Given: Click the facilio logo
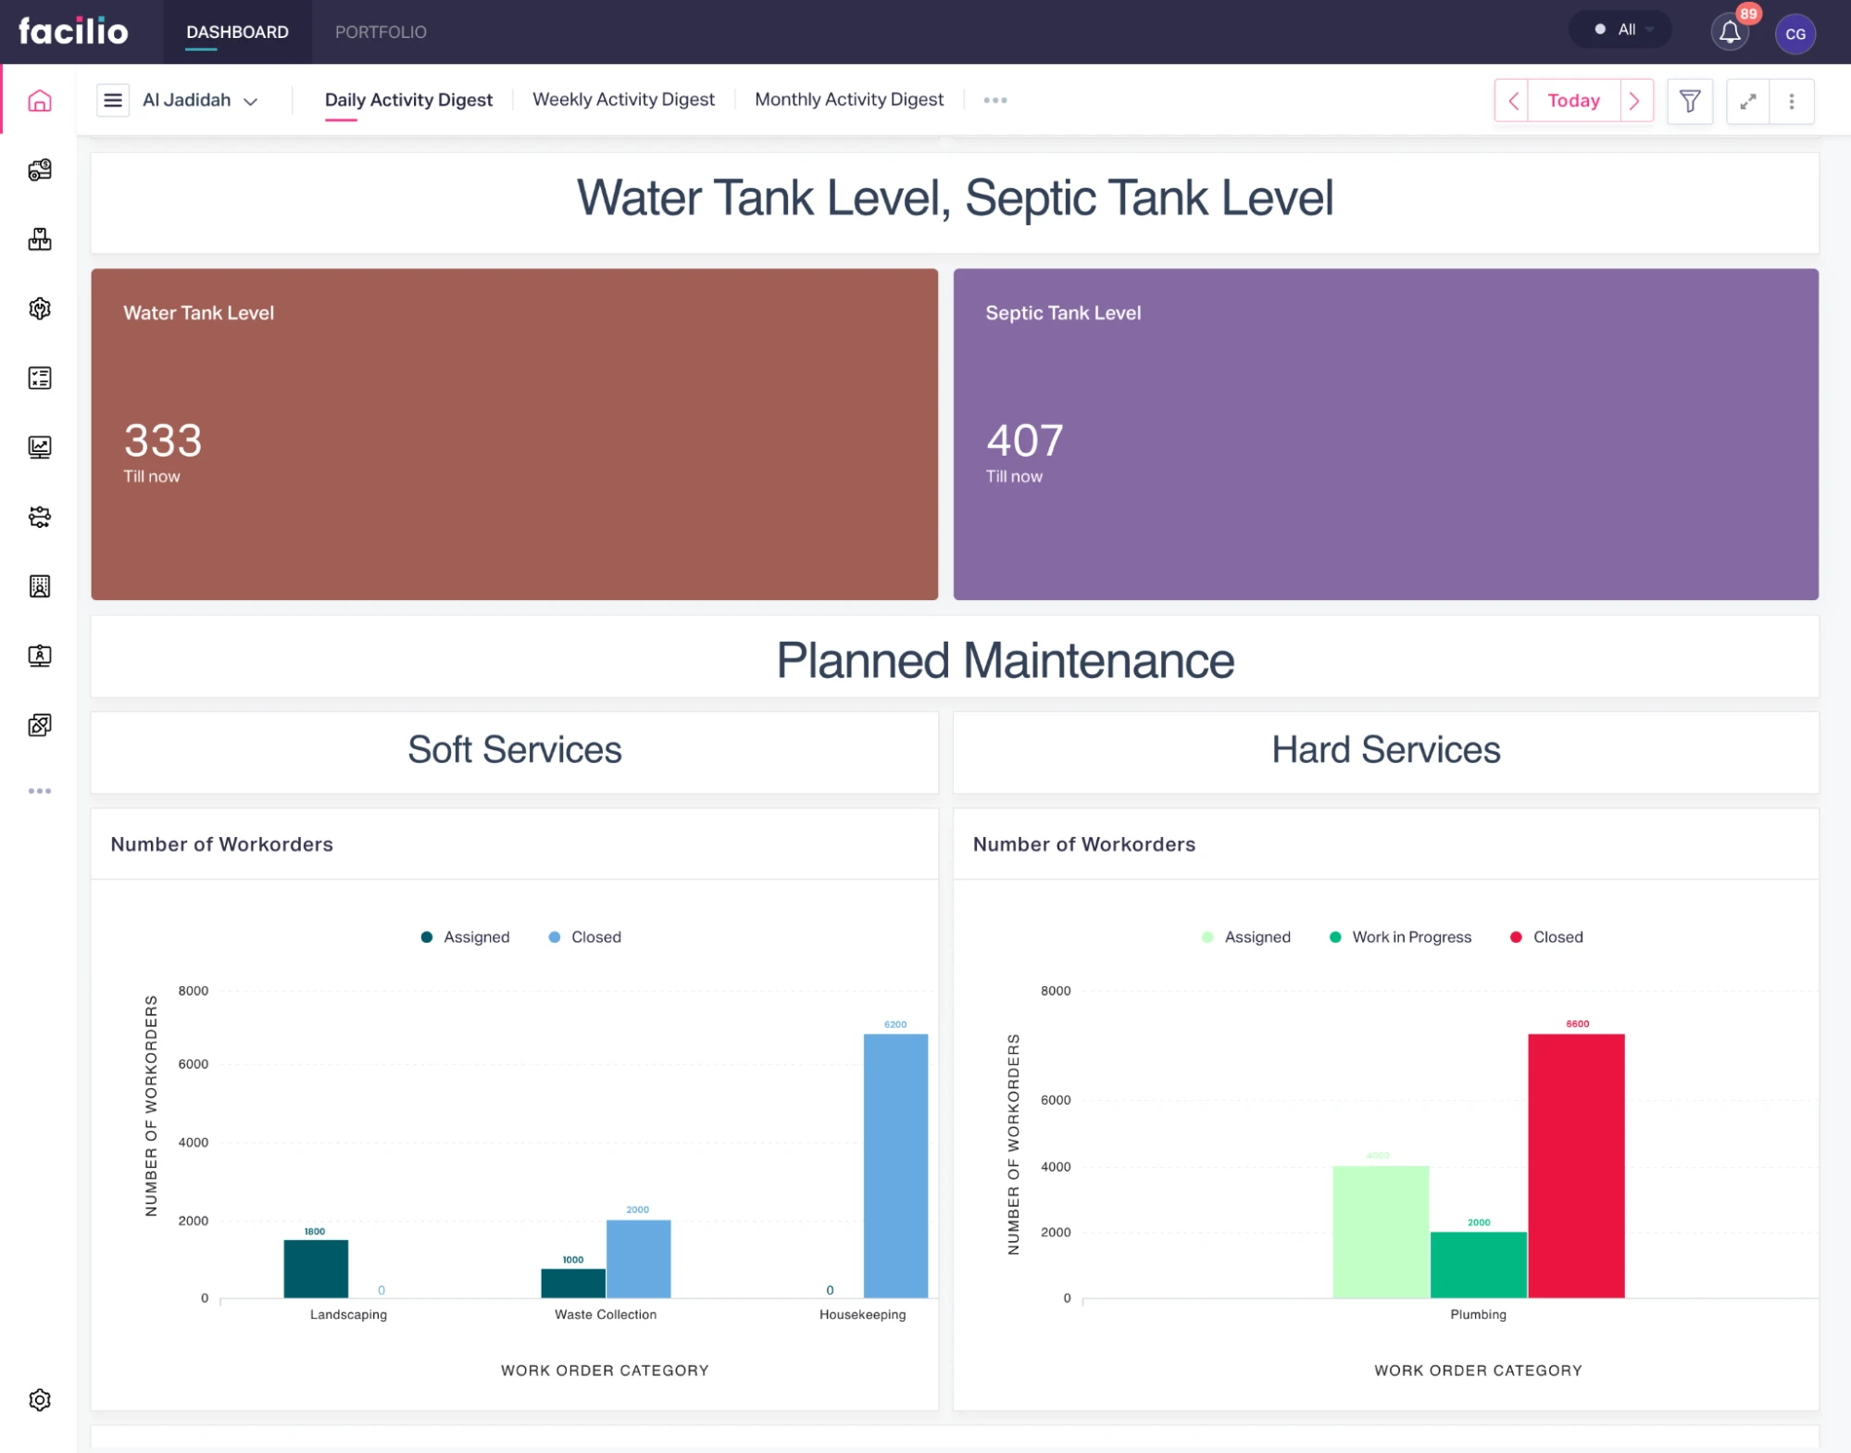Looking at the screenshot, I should [73, 31].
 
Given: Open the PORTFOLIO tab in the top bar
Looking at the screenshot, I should [381, 32].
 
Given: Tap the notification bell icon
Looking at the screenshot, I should [1730, 32].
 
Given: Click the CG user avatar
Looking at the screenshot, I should [1795, 34].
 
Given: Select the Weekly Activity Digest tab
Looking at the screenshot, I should [623, 100].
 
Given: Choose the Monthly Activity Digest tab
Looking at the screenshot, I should [848, 100].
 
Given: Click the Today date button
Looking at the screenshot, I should [1573, 101].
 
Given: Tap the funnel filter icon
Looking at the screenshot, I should [1690, 101].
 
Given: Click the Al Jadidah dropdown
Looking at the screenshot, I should [199, 100].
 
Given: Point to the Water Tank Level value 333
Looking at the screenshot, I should [163, 441].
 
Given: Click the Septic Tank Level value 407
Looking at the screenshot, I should [1024, 441].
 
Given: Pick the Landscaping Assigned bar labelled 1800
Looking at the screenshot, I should [316, 1268].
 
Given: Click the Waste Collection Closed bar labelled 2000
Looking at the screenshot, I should [638, 1259].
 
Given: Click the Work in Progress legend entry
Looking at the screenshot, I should [1400, 937].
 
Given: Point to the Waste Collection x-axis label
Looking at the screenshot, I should [606, 1315].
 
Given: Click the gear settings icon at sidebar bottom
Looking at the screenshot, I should [40, 1399].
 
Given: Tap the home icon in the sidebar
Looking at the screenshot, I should [40, 101].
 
